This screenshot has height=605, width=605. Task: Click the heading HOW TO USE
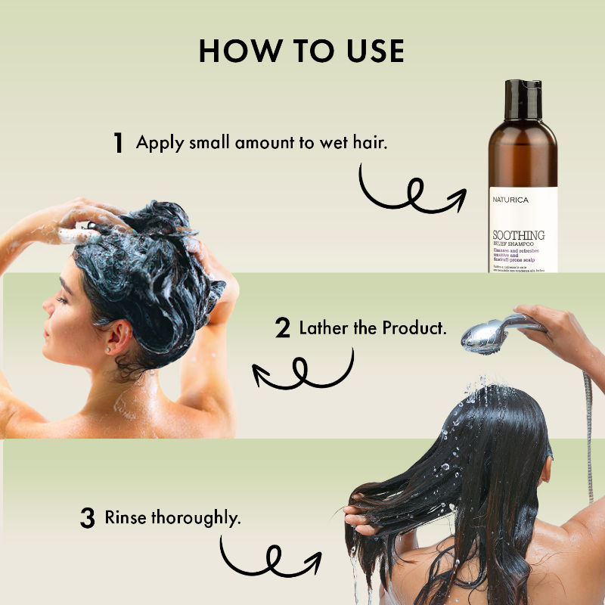click(302, 50)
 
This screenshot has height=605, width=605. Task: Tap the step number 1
click(118, 143)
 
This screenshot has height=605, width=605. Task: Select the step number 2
click(283, 328)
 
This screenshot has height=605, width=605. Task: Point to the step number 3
click(88, 519)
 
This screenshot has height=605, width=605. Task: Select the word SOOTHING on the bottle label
click(518, 235)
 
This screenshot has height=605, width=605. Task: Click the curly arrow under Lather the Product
click(302, 371)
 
